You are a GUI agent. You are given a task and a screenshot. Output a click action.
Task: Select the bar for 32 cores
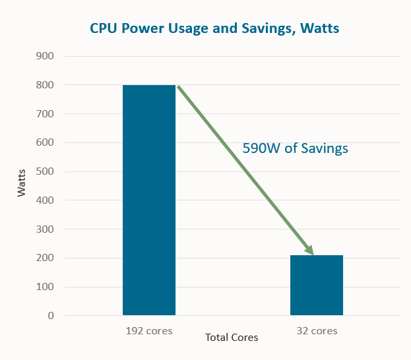[317, 285]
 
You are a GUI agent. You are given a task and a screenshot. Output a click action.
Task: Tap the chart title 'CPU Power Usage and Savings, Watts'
[215, 29]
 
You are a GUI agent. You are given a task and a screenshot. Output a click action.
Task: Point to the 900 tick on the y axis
[45, 56]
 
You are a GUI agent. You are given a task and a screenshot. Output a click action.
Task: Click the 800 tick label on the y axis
[45, 85]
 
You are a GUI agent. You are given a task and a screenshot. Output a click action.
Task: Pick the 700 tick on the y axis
[45, 114]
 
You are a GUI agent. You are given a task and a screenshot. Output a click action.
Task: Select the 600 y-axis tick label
[45, 142]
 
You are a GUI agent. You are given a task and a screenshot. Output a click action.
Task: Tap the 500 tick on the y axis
[45, 171]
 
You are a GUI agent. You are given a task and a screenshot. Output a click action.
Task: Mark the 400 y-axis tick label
[45, 200]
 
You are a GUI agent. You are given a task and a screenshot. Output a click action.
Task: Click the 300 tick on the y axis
[45, 229]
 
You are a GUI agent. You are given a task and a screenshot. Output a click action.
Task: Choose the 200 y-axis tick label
[45, 258]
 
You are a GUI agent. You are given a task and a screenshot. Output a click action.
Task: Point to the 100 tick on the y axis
[45, 287]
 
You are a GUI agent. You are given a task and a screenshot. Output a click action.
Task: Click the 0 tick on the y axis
[50, 316]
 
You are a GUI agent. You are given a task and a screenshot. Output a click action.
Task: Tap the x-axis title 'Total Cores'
[232, 338]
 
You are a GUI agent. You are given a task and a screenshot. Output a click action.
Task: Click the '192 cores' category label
[149, 330]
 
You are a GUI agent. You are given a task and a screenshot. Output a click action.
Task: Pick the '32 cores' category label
[317, 330]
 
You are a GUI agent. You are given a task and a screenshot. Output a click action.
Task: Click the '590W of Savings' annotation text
[295, 149]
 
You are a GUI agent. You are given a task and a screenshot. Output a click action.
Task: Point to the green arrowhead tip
[312, 254]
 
